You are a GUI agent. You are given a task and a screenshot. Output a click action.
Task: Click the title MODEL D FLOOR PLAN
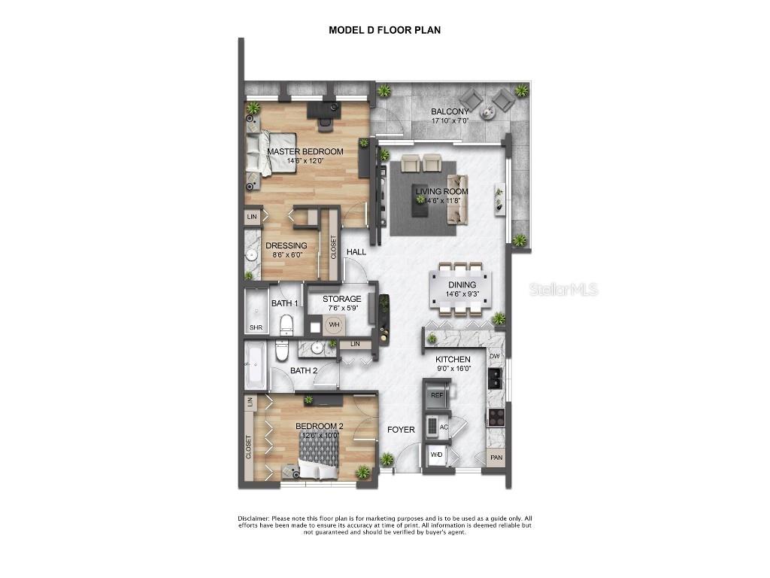coord(384,30)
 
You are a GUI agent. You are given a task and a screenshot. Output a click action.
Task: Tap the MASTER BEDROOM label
coord(305,151)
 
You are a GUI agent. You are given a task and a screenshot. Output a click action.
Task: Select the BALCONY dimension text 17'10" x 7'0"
coord(450,120)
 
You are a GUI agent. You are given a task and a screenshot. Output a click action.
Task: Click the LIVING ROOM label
coord(442,191)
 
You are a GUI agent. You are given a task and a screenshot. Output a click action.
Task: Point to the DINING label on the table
coord(462,284)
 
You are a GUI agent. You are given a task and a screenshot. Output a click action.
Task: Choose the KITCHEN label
coord(453,360)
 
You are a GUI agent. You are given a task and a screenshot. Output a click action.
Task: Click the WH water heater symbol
coord(334,325)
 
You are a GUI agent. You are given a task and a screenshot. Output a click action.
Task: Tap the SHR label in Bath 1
coord(256,328)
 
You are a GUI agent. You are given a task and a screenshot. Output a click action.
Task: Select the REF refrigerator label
coord(437,394)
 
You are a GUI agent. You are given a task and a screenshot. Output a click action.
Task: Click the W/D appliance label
coord(436,455)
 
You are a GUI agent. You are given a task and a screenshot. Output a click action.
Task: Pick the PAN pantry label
coord(496,458)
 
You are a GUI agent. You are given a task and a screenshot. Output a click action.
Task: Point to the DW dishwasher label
coord(495,356)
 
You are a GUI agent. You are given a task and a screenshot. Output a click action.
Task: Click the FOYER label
coord(401,430)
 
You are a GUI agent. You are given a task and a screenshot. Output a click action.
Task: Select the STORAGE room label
coord(342,299)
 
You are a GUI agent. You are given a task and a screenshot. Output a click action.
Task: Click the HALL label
coord(356,251)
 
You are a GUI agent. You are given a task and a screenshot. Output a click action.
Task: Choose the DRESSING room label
coord(286,245)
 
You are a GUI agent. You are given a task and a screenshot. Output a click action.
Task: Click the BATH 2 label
coord(305,370)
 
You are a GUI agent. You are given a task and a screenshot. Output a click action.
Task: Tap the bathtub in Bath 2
coord(253,367)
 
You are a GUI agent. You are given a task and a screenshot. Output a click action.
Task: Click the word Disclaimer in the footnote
coord(253,519)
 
